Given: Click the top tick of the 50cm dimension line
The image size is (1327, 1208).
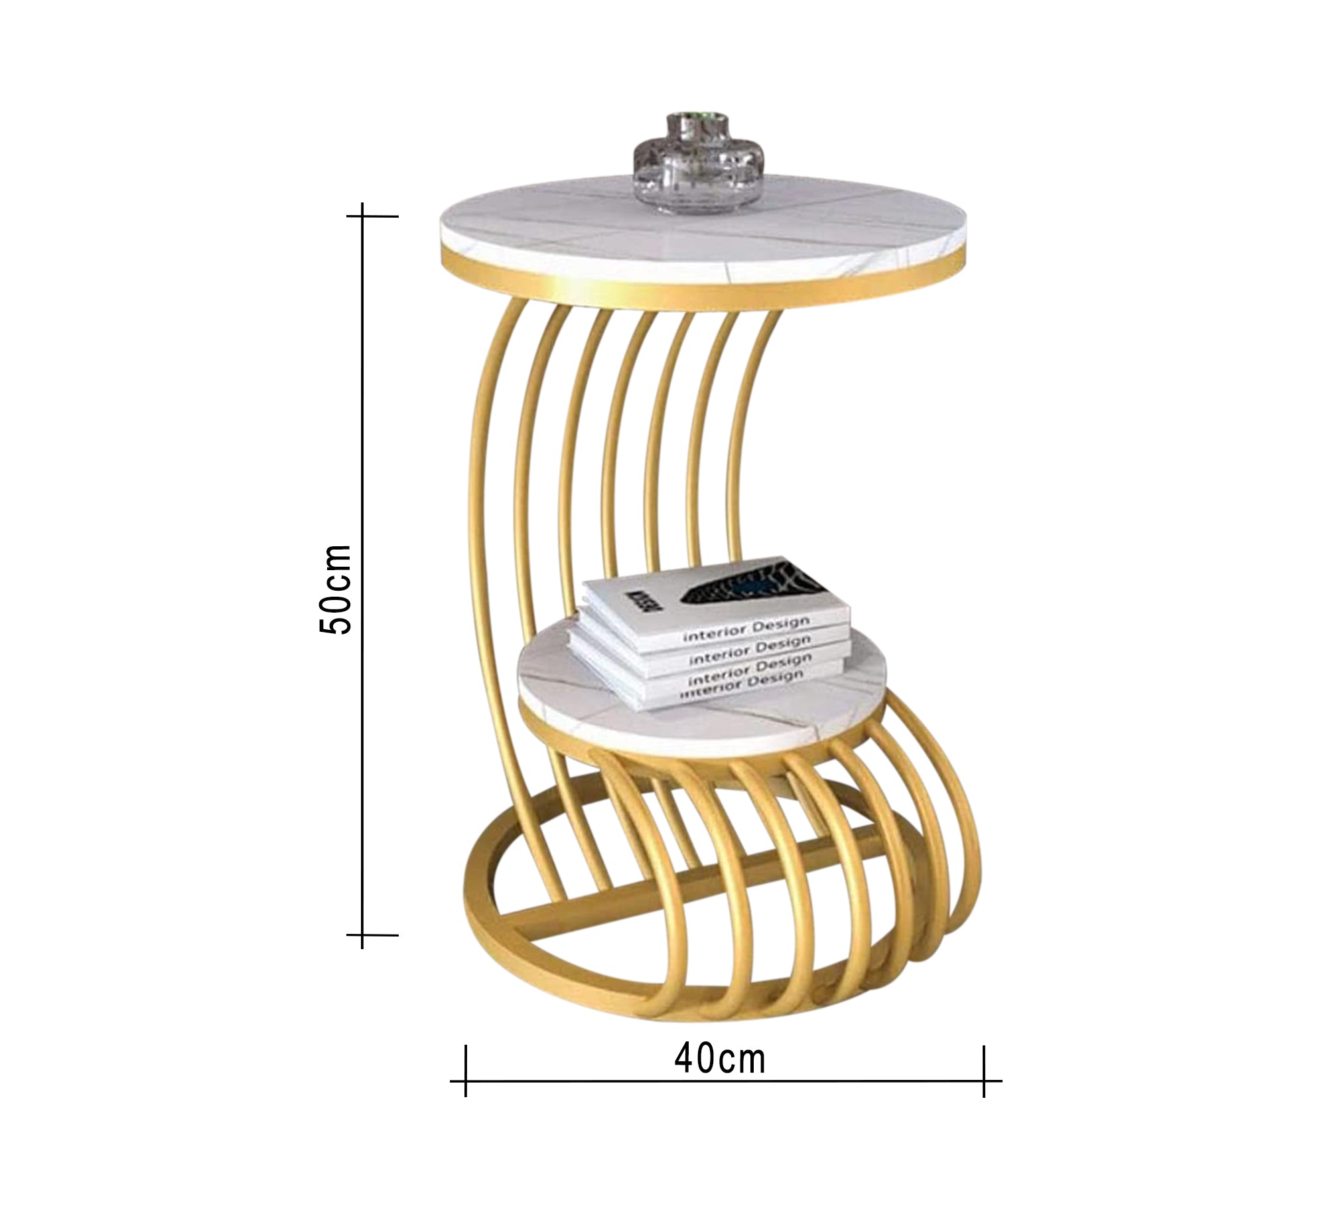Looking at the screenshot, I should coord(363,216).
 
